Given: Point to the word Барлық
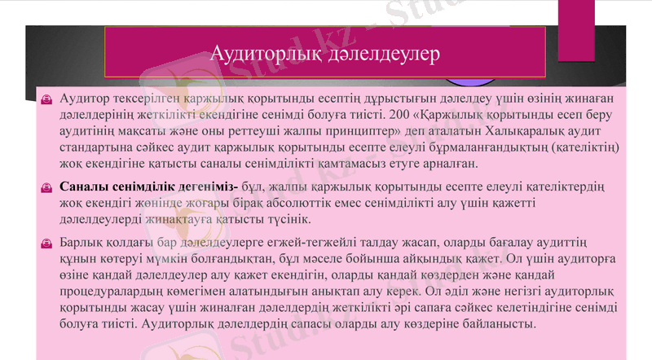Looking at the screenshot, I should (x=84, y=243).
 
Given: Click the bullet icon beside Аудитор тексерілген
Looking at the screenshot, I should (x=48, y=99).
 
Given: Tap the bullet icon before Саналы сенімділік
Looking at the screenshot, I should (x=48, y=187).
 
